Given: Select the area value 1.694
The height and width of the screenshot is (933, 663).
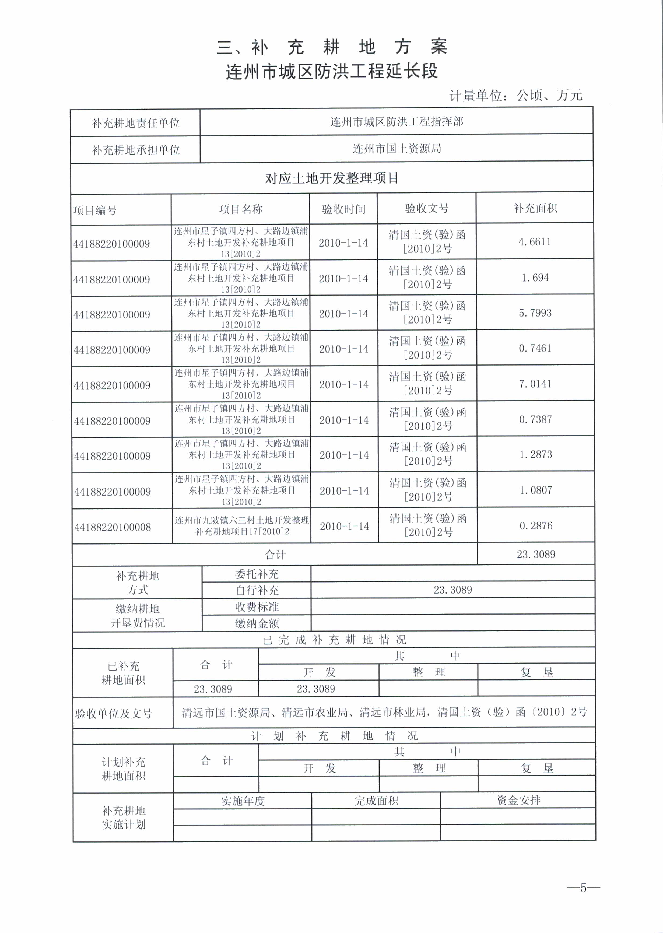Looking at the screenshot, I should (535, 278).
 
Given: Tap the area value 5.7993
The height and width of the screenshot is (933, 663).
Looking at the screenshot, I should (535, 313).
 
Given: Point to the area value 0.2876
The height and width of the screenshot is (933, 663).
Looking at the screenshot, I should (536, 526).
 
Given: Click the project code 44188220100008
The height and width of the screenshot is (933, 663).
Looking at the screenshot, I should (112, 527).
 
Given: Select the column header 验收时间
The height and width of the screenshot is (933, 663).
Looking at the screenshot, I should (343, 209).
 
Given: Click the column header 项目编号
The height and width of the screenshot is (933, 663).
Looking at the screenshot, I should (95, 211).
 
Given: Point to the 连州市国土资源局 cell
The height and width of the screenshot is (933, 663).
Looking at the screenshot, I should (397, 149).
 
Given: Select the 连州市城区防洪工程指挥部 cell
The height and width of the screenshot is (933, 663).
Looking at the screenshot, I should (397, 122).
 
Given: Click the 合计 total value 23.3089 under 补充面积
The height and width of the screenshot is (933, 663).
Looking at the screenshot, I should (536, 554).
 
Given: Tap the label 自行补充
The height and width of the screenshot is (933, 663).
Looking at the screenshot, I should (257, 590).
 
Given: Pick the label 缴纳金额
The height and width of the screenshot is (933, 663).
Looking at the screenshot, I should (257, 623).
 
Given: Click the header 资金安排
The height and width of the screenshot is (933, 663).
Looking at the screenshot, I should (518, 800).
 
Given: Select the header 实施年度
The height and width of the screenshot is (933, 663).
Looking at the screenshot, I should (243, 801).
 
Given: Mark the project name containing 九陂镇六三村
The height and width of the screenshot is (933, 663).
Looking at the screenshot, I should (242, 526).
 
